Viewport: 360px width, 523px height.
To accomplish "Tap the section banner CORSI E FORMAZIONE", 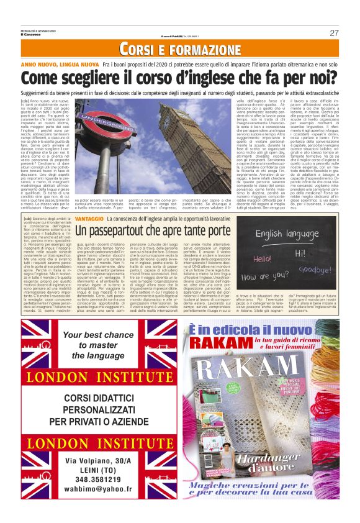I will pyautogui.click(x=179, y=50).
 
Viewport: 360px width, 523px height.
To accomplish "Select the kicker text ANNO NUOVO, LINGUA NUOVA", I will pyautogui.click(x=60, y=65).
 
